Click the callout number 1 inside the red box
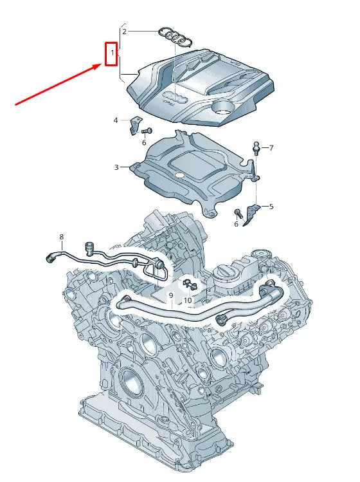tap(112, 51)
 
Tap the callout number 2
tap(125, 31)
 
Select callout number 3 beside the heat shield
tap(117, 167)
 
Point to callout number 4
tap(116, 120)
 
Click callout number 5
tap(271, 207)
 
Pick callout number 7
tap(271, 148)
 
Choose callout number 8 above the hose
tap(62, 237)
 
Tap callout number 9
tap(171, 295)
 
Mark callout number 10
tap(188, 300)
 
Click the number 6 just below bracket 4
tap(145, 142)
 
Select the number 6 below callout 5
tap(236, 223)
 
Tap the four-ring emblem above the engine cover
tap(175, 38)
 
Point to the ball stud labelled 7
tap(256, 147)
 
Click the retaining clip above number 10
tap(188, 283)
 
